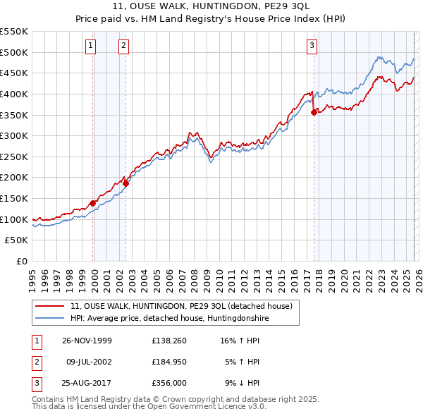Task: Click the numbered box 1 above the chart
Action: (x=91, y=47)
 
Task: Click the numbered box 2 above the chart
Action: (x=123, y=47)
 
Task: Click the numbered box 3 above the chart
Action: (x=312, y=47)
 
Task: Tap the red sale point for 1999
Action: (x=93, y=203)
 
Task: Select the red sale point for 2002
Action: (x=126, y=183)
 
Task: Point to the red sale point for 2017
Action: (x=314, y=111)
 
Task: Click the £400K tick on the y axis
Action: (x=14, y=94)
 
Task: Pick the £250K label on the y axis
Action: (x=14, y=157)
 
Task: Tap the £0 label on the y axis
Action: (x=22, y=262)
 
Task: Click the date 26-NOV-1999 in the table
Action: (x=87, y=340)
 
